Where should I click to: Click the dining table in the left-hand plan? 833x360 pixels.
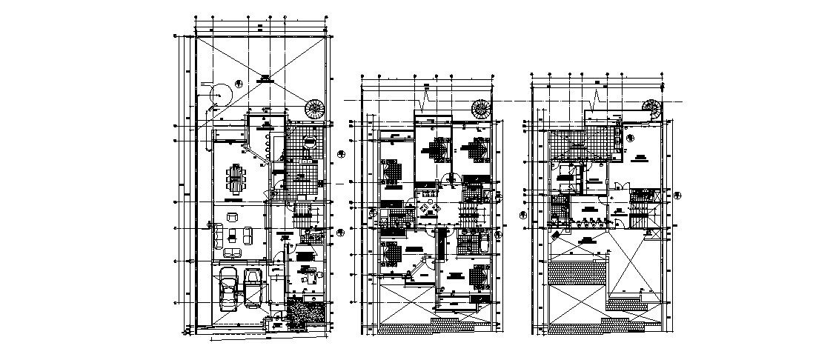[x=236, y=178]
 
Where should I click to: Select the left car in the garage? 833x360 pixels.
[x=228, y=290]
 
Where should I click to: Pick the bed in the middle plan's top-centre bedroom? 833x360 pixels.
[x=432, y=148]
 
